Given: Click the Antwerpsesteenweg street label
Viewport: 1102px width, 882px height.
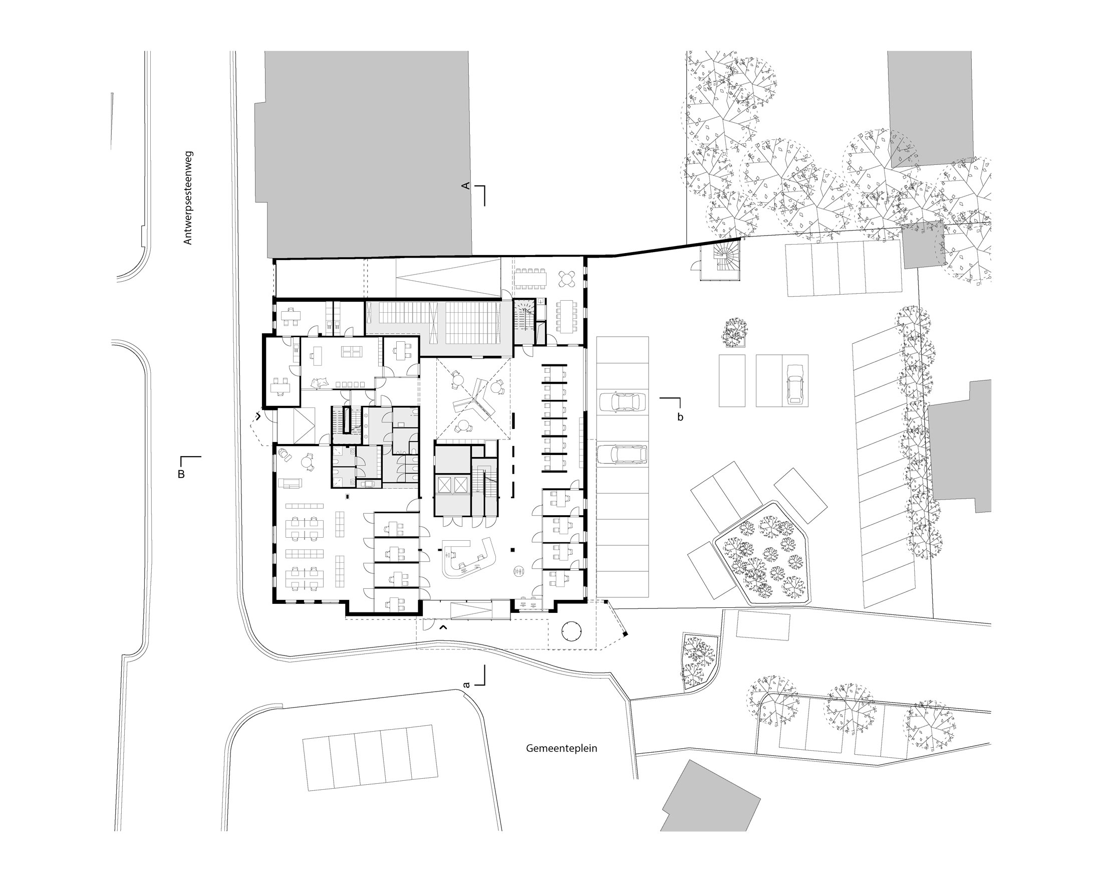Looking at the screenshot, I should pos(188,197).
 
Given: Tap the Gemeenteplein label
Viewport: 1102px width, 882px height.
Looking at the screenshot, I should pos(561,748).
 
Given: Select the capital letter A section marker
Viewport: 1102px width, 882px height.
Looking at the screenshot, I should pos(466,185).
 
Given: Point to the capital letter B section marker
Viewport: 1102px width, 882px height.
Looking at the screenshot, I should pos(181,474).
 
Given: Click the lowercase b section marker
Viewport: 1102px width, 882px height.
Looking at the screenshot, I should pos(680,417).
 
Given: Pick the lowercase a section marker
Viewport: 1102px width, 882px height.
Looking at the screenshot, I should pos(466,684).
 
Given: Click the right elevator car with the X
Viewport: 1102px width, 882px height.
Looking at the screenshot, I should pos(461,484).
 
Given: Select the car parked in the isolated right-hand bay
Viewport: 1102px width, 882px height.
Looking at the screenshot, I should pos(795,383).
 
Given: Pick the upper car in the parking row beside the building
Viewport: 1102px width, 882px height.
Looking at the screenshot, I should pos(622,402).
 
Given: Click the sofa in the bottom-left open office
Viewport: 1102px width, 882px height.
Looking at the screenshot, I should pos(290,482).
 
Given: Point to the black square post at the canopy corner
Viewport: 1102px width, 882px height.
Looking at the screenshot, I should pos(625,634).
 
